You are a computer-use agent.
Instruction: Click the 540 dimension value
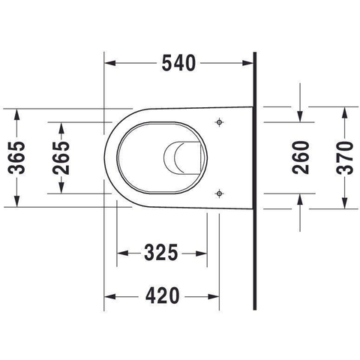click(x=178, y=63)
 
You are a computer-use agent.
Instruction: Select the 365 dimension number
click(x=16, y=157)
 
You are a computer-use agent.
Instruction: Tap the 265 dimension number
click(x=61, y=157)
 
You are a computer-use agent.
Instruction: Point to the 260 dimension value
click(x=301, y=157)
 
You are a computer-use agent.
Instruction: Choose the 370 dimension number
click(x=345, y=157)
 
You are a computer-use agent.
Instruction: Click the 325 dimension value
click(x=161, y=253)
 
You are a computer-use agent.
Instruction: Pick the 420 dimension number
click(x=162, y=295)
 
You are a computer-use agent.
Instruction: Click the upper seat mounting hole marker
click(x=219, y=122)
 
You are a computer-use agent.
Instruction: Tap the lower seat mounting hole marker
click(x=219, y=193)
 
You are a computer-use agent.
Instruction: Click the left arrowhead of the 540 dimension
click(x=110, y=63)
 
